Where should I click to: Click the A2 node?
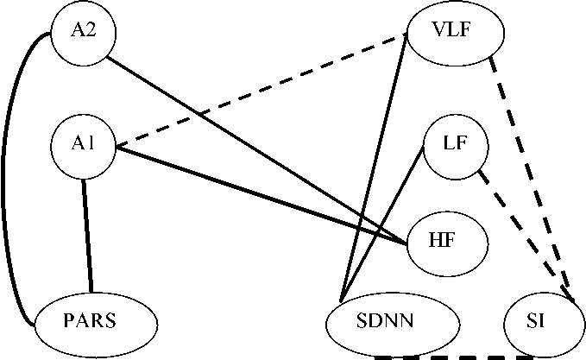pyautogui.click(x=83, y=32)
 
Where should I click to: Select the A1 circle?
pyautogui.click(x=83, y=144)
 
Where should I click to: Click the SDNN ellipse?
pyautogui.click(x=385, y=321)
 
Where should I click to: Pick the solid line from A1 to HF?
pyautogui.click(x=259, y=195)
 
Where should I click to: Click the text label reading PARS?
pyautogui.click(x=90, y=321)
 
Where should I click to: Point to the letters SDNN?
pyautogui.click(x=385, y=321)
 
